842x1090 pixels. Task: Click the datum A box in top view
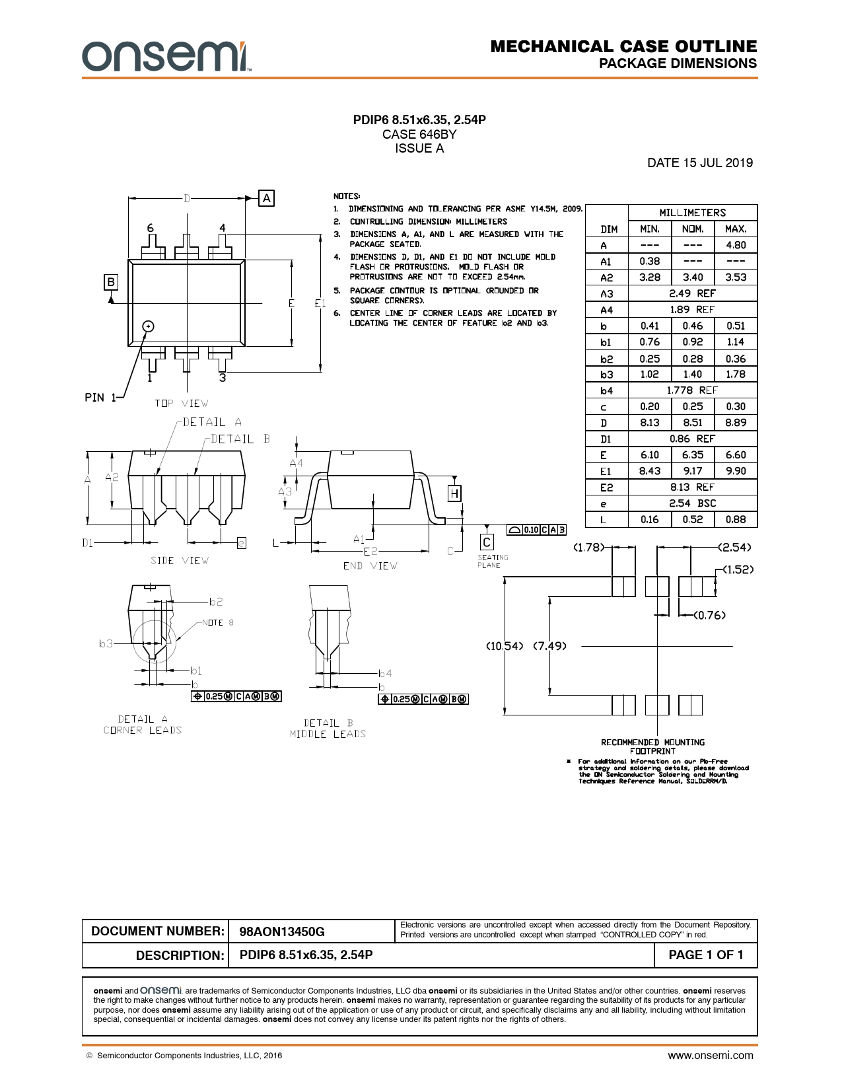pos(266,198)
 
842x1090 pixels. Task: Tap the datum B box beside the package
pos(111,282)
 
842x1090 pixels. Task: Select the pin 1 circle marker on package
pos(148,326)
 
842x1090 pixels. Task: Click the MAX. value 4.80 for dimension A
pos(736,245)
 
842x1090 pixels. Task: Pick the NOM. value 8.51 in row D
pos(693,422)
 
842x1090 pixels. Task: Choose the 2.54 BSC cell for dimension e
pos(693,503)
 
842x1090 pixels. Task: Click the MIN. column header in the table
pos(650,229)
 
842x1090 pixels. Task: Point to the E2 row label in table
pos(606,488)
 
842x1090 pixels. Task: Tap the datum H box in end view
pos(454,493)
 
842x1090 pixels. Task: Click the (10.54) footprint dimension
pos(505,646)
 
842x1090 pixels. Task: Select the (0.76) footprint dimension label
pos(710,615)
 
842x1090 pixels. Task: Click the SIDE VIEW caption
pos(180,560)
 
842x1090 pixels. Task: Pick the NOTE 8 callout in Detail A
pos(218,622)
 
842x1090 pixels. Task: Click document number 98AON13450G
pos(282,931)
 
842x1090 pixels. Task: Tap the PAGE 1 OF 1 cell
pos(705,955)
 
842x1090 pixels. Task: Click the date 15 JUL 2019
pos(700,163)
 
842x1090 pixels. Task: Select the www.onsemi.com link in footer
pos(711,1056)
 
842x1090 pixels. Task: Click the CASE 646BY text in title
pos(419,134)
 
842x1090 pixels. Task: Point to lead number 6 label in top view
pos(151,228)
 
